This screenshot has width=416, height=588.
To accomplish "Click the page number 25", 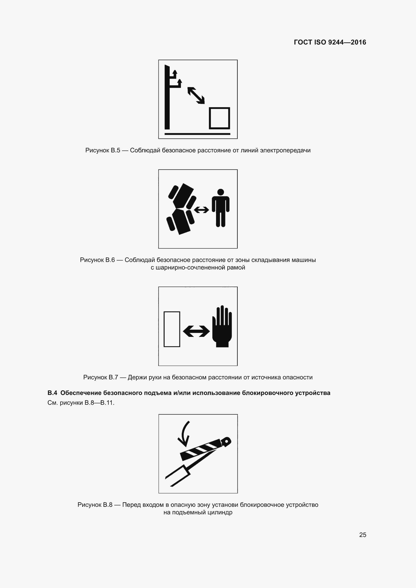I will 362,535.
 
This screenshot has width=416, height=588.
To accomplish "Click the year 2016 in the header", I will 358,42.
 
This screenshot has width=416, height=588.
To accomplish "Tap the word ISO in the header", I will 320,42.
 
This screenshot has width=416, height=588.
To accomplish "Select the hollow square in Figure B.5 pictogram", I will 219,118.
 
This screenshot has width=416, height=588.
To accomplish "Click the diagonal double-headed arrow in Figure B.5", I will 196,95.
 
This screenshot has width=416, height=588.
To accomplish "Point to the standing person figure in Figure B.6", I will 220,208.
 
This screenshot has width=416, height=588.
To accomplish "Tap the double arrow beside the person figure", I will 201,210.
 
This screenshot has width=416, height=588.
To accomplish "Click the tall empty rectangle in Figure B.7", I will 172,329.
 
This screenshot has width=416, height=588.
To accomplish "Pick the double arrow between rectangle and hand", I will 196,331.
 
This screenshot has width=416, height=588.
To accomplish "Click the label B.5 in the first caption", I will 115,150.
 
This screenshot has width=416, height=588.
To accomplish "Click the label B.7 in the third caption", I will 113,377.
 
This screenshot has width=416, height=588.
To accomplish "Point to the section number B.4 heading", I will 52,393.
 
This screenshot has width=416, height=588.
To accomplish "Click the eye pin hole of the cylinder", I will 226,441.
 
